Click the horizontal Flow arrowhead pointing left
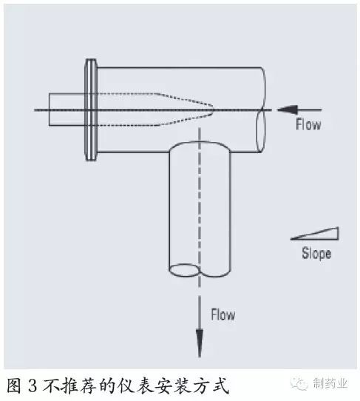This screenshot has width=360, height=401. coord(288,109)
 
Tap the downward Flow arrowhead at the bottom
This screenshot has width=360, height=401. coord(200,343)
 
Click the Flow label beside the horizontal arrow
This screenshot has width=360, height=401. coord(308,124)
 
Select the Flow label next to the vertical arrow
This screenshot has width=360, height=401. coord(223,314)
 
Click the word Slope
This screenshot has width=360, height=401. coord(316,253)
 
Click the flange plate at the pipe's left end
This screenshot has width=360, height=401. coord(91,109)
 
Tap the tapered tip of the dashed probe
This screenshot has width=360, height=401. coord(213,109)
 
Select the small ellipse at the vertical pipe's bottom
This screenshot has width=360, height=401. coord(185,270)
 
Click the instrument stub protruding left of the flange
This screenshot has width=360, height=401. coord(67,109)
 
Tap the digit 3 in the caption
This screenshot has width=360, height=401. coord(33,385)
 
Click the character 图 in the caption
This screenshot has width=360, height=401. coord(13,385)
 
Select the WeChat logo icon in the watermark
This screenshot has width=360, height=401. coord(299,383)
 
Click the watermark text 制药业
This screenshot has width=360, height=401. coord(330,383)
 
